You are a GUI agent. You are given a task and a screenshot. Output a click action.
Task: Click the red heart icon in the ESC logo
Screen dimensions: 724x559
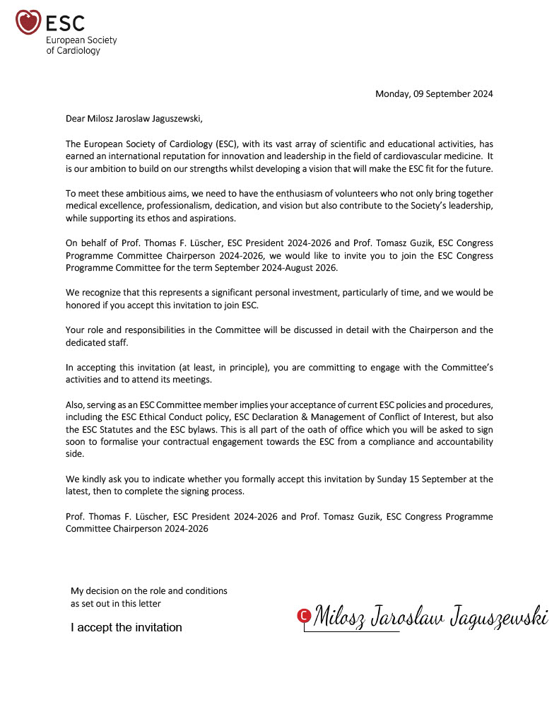(x=28, y=22)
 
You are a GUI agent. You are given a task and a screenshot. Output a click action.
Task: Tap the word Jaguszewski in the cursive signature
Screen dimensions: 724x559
(x=495, y=617)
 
